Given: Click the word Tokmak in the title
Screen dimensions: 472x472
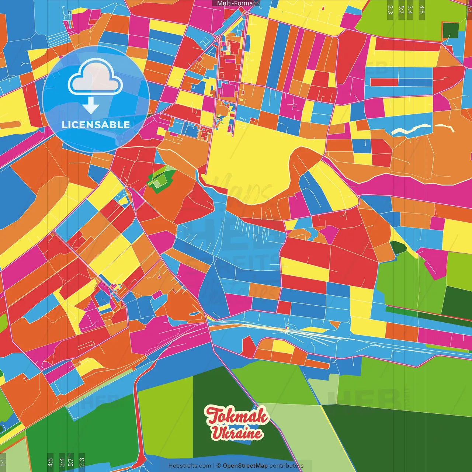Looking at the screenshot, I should (237, 416).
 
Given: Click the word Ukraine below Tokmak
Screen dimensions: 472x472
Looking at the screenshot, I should (237, 433).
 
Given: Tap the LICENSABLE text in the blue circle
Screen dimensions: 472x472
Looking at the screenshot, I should (96, 125).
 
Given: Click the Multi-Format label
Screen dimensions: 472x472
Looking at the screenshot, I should (236, 3).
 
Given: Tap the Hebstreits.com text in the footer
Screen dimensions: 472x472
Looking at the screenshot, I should (190, 466).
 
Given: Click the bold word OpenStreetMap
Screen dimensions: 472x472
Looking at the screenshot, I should (245, 466).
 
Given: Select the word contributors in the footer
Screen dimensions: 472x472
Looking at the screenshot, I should (287, 466).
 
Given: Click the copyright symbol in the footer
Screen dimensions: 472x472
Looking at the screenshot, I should (218, 466).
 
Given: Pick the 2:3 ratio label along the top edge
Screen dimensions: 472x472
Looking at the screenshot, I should (390, 10).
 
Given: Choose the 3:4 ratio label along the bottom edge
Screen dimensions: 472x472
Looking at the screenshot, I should (62, 462).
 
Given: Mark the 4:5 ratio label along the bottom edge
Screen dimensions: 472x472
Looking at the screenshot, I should (50, 462).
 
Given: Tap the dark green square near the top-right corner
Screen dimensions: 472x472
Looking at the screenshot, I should (450, 31).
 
